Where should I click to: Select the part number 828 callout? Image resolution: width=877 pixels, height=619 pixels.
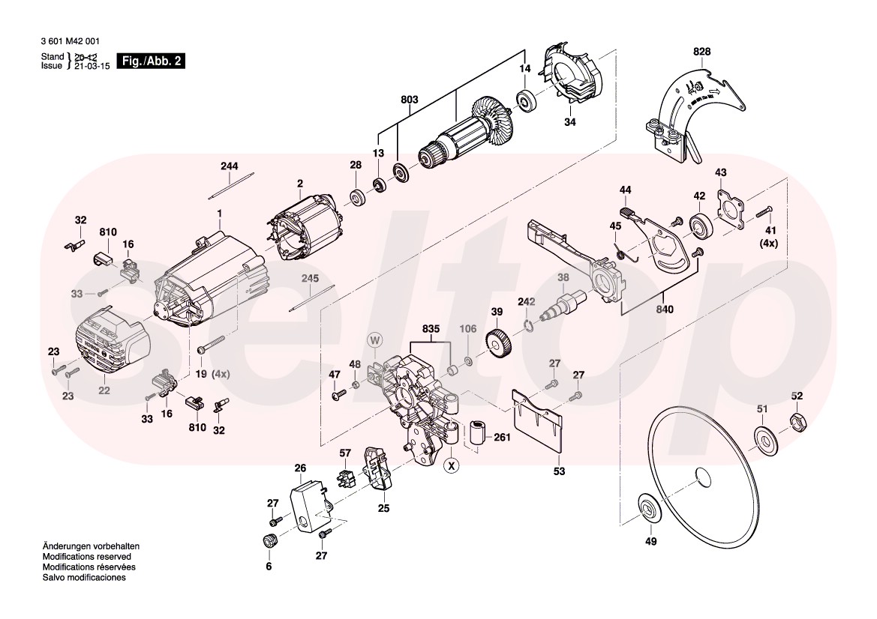[701, 51]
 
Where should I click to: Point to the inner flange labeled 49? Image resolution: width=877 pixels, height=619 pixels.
[647, 507]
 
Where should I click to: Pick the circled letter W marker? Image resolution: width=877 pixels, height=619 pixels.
[375, 339]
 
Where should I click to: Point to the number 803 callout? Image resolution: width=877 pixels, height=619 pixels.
[410, 100]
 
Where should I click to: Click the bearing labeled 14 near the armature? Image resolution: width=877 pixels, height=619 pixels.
[528, 99]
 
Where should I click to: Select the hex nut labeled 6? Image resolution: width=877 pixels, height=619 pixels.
[268, 542]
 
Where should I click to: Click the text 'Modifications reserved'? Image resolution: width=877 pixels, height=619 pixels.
[86, 558]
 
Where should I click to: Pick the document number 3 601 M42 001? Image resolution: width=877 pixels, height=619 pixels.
[70, 42]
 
